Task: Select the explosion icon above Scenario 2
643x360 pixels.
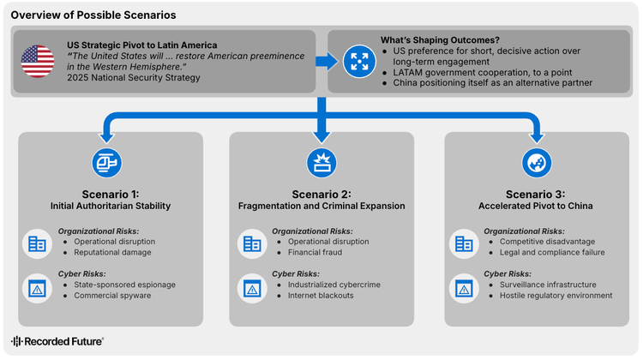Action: coord(321,162)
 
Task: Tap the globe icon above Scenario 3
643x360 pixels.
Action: coord(536,162)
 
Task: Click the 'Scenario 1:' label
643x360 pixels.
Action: coord(109,194)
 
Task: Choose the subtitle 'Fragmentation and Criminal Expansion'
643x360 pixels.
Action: coord(321,207)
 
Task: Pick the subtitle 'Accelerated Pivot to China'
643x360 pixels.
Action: coord(536,207)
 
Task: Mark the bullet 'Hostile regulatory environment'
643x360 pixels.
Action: coord(556,296)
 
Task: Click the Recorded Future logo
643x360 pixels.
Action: coord(57,341)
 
